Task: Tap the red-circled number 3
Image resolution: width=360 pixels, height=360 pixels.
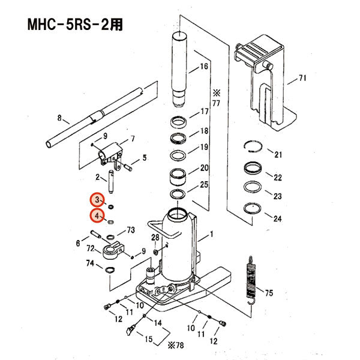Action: point(97,200)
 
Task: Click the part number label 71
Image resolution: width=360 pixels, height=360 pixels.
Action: point(302,79)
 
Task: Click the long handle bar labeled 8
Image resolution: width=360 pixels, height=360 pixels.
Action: point(96,114)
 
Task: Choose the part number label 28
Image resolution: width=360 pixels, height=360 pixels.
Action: point(155,238)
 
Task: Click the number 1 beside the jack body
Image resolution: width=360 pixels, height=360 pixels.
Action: point(211,236)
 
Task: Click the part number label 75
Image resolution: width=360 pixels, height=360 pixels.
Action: point(269,293)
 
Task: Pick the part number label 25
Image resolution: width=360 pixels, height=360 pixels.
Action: point(204,185)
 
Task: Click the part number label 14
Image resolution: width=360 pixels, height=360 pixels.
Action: point(158,323)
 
